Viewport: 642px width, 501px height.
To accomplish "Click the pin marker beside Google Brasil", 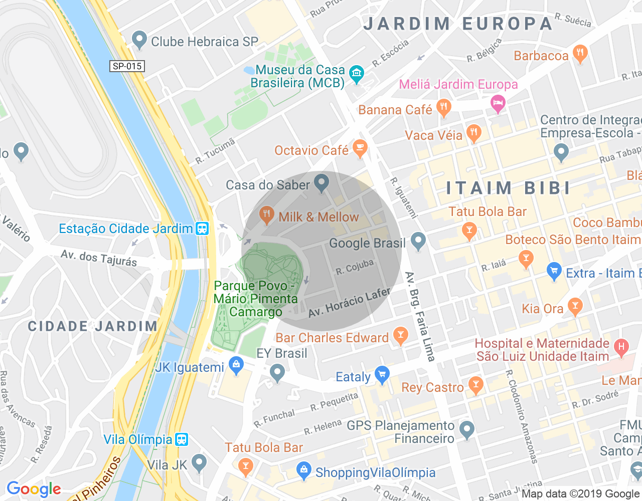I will tap(418, 241).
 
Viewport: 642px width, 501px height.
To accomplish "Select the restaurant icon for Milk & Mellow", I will tap(266, 215).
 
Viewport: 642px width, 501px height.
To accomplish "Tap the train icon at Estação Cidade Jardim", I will tap(202, 228).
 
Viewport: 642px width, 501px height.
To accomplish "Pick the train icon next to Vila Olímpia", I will tap(182, 439).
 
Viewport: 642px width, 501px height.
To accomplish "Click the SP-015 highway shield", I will tap(127, 66).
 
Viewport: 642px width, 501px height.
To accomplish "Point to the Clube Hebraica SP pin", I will tap(139, 40).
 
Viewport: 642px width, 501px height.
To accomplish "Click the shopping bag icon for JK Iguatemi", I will tap(236, 366).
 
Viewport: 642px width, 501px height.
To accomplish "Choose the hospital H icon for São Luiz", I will tap(621, 347).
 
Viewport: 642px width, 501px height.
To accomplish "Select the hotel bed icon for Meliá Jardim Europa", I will tap(498, 104).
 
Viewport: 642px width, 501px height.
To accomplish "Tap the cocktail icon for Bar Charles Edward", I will tap(400, 336).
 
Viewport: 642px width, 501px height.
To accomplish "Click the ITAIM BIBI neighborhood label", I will tap(509, 188).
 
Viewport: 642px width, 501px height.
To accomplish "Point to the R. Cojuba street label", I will tap(355, 267).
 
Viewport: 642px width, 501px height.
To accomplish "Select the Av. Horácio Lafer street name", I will tap(349, 302).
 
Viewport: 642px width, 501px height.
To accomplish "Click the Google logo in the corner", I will tap(34, 489).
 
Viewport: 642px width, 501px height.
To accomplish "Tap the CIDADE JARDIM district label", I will tap(93, 326).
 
